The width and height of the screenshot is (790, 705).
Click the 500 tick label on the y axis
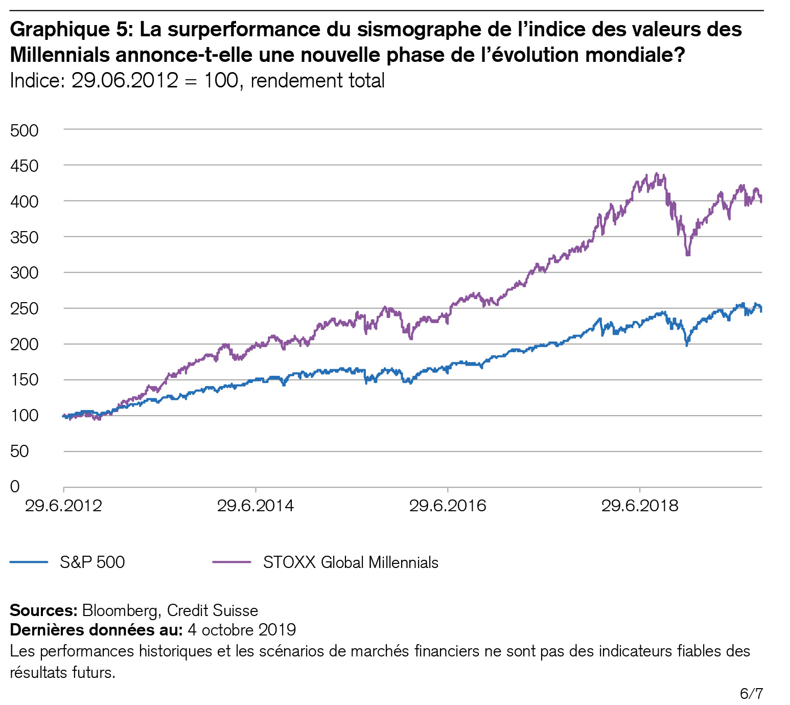24,130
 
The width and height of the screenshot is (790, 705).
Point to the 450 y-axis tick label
24,166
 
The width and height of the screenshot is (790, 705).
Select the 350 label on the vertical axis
24,237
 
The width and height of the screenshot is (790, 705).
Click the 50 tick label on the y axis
19,451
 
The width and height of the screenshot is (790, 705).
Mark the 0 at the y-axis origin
15,486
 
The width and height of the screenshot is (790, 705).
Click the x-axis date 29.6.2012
63,506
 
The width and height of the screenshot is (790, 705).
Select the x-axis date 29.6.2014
255,506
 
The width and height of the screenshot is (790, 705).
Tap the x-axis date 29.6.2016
448,506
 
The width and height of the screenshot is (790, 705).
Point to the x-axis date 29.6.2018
639,506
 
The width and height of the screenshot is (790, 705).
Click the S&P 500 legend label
92,562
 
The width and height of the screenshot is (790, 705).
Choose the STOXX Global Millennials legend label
351,562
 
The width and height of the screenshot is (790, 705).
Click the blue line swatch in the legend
29,562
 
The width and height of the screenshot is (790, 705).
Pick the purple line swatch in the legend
231,562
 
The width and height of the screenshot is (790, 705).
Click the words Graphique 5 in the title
71,30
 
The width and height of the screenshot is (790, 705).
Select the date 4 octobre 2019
242,629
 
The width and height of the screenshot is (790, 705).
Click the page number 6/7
751,693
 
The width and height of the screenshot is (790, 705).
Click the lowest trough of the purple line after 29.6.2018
688,254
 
